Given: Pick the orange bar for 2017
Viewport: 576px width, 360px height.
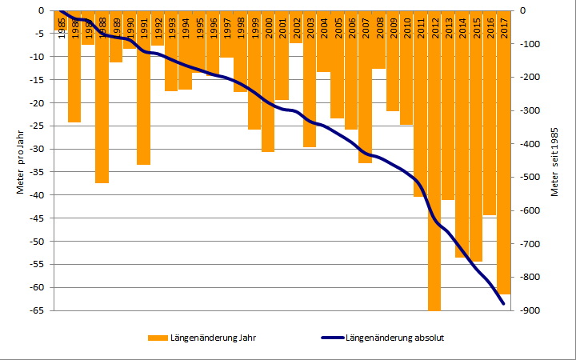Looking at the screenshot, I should point(503,160).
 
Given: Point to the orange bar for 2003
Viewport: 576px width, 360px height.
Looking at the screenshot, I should point(310,88).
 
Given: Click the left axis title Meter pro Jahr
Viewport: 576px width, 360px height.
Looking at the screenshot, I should point(19,160).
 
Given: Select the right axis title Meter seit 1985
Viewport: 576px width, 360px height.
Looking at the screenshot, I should point(554,160).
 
